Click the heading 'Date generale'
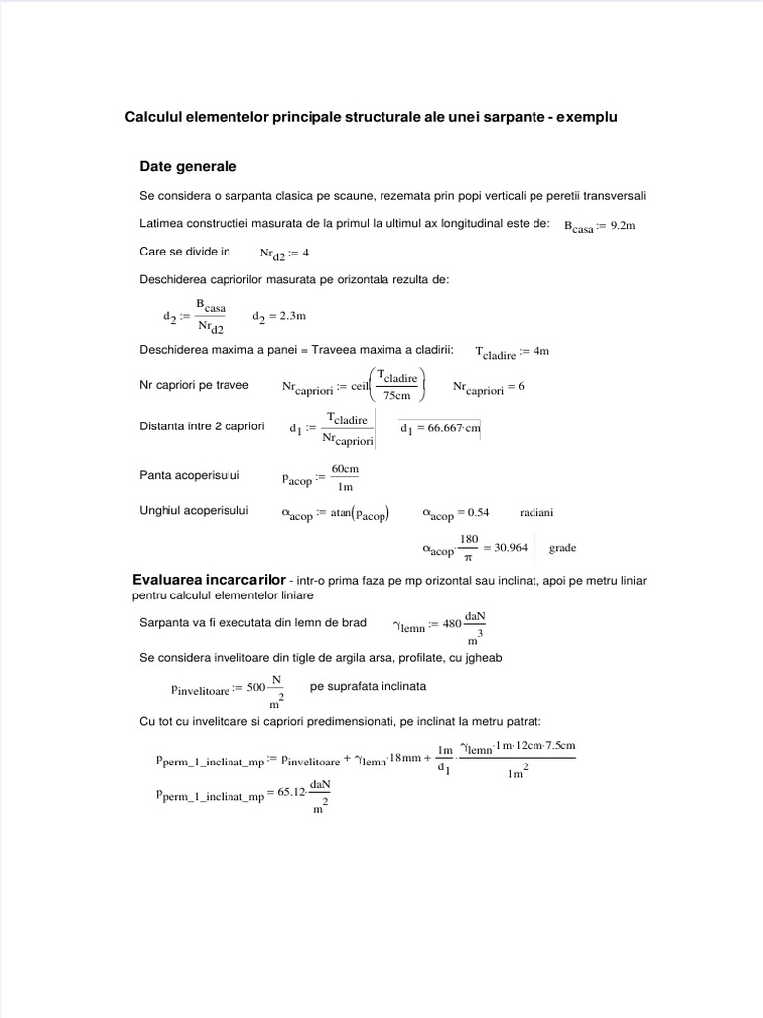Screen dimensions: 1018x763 pos(188,165)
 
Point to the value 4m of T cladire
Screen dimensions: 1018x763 pos(539,352)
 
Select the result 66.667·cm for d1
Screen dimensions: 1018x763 pos(441,429)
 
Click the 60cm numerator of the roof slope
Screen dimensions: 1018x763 pos(345,468)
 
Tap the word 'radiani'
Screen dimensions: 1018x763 pos(536,513)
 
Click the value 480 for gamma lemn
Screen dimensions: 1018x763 pos(452,624)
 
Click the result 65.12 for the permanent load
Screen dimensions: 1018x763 pos(291,795)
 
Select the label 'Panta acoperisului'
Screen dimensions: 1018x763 pos(190,475)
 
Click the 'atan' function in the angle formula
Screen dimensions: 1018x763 pos(343,514)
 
